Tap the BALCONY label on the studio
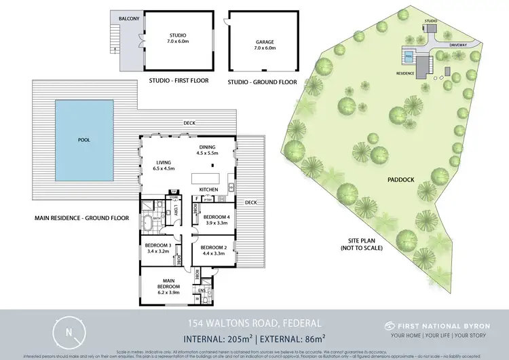pyautogui.click(x=130, y=18)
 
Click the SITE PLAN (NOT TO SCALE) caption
pyautogui.click(x=362, y=244)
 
